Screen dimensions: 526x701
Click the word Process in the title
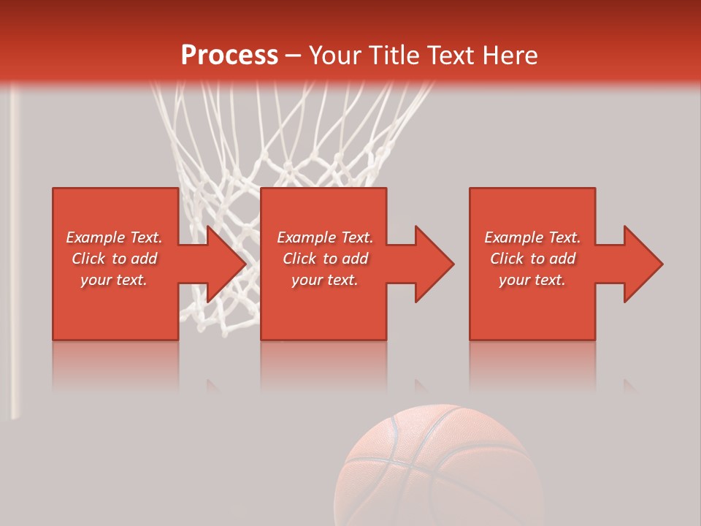(x=229, y=56)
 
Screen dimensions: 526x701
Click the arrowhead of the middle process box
(x=434, y=264)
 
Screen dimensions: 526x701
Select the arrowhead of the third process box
(x=643, y=264)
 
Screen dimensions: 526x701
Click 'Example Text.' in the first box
(x=114, y=237)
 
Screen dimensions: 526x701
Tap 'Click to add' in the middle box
(x=325, y=259)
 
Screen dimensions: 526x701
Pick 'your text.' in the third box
(x=532, y=280)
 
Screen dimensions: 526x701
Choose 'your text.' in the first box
(x=114, y=280)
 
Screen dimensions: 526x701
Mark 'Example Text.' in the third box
(x=532, y=237)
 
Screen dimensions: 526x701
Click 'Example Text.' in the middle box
(x=325, y=237)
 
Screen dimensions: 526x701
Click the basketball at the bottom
(x=438, y=468)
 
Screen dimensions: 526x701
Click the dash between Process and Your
(x=294, y=56)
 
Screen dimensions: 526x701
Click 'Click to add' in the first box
(x=114, y=259)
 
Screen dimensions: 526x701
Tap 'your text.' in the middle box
(x=325, y=280)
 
